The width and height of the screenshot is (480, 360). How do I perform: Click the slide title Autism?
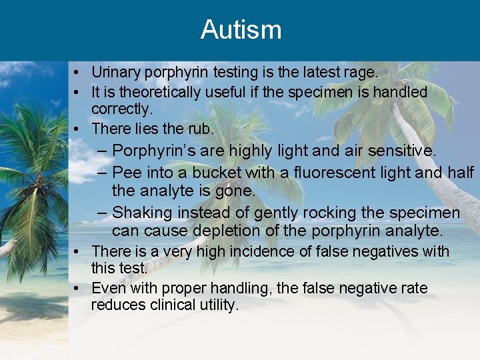(x=241, y=30)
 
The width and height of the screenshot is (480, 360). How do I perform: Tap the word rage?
(x=361, y=72)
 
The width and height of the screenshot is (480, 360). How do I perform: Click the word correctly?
(x=121, y=108)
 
